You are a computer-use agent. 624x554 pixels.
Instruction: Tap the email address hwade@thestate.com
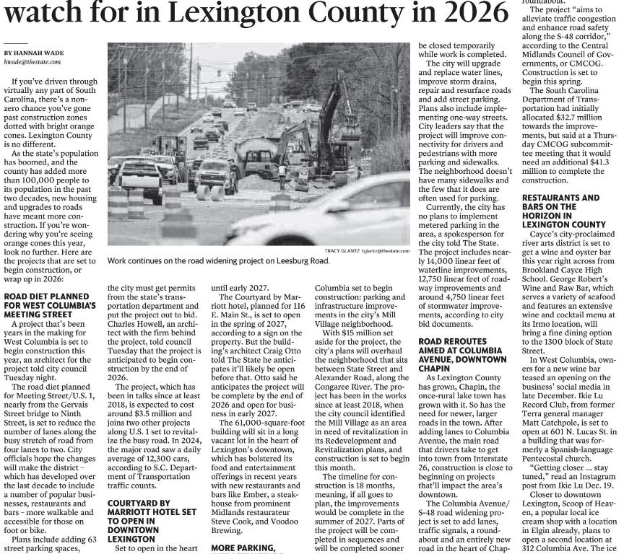(x=32, y=62)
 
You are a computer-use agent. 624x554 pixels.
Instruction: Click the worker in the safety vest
(x=282, y=173)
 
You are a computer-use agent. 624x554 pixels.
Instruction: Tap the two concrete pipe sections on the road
(x=210, y=193)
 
